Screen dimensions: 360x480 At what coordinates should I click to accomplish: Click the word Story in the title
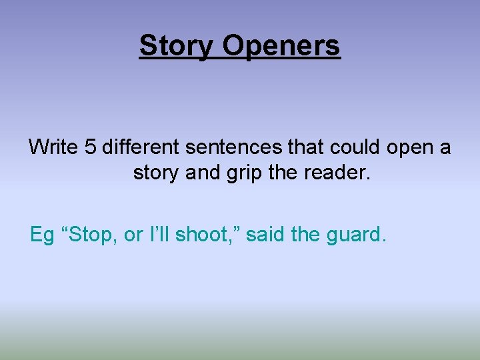(x=177, y=46)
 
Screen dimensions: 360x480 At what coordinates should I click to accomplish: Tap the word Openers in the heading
(x=281, y=46)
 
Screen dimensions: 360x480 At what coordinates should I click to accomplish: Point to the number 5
(x=91, y=147)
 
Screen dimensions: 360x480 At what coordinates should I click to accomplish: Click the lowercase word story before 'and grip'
(x=157, y=173)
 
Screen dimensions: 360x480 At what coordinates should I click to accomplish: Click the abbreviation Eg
(x=41, y=235)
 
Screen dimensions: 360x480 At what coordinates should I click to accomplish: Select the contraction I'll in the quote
(x=161, y=235)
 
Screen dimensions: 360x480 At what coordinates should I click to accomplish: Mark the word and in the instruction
(x=203, y=173)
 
